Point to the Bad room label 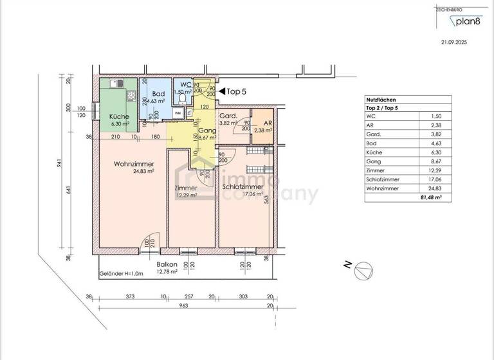click(x=158, y=94)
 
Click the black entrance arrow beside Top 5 click(x=222, y=91)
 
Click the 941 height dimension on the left click(x=59, y=163)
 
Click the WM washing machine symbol click(x=178, y=112)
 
